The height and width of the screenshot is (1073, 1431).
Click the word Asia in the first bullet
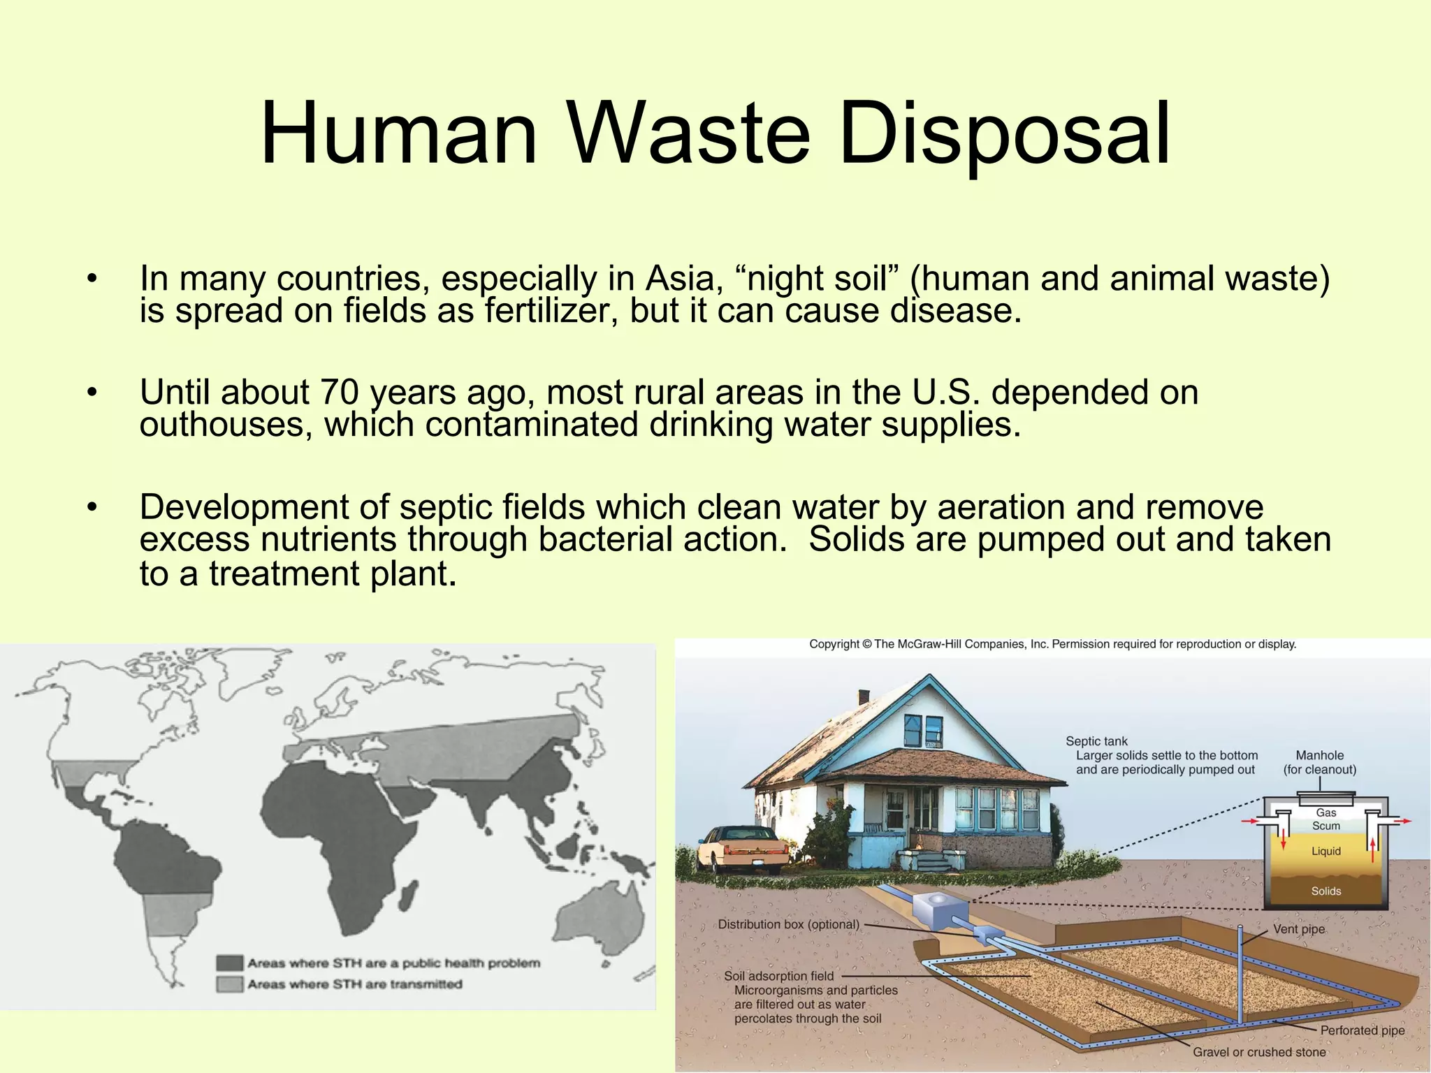[683, 278]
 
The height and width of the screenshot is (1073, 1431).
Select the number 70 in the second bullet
[339, 392]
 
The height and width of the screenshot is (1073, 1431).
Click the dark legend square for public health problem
[229, 963]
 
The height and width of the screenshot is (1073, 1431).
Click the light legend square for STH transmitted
[229, 984]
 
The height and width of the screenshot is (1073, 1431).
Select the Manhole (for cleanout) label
[1319, 762]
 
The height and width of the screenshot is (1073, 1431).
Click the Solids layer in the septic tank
[1325, 891]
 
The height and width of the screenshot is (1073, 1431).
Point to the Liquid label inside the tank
[1325, 851]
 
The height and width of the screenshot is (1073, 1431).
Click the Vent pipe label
[1298, 929]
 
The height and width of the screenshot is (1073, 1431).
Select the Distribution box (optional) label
[788, 924]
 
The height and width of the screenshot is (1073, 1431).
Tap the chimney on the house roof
[864, 696]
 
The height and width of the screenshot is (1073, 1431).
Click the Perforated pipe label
[1362, 1030]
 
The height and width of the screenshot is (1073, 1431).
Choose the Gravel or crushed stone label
[1259, 1052]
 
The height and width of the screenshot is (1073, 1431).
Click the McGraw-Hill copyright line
[1052, 644]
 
